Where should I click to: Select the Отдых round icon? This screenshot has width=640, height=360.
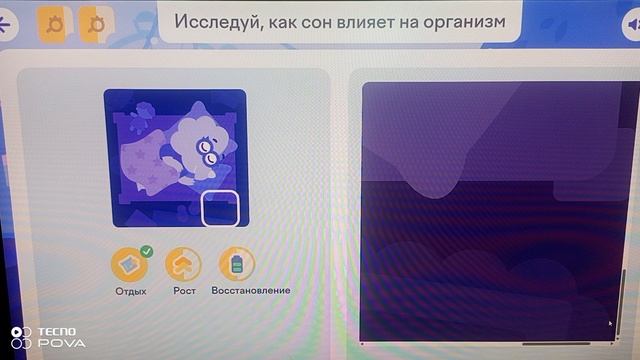click(130, 264)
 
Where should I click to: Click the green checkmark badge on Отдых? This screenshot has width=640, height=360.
click(147, 251)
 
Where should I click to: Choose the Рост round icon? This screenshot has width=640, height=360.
click(183, 264)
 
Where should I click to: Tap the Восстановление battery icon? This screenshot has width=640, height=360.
click(237, 264)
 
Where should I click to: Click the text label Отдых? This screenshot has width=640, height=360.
click(130, 291)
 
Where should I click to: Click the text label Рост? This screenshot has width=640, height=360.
click(183, 291)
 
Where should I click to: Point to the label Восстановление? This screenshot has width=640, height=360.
click(251, 291)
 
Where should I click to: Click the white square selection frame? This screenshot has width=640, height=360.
click(220, 209)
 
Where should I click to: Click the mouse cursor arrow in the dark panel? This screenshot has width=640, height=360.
click(611, 323)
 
